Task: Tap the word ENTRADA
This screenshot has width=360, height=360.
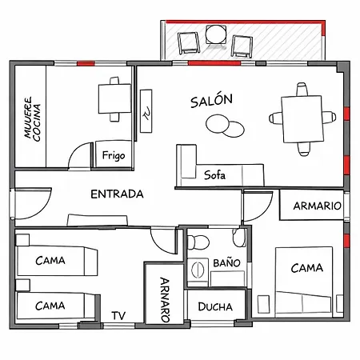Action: (x=117, y=194)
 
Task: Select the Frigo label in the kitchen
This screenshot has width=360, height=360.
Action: (x=114, y=155)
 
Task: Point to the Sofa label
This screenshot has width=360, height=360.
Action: (x=214, y=175)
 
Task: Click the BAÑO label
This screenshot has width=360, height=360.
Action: (x=226, y=262)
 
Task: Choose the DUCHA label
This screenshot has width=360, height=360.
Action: (x=215, y=306)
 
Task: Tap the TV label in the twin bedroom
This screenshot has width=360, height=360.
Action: (x=118, y=316)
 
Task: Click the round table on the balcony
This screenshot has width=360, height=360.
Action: (x=216, y=34)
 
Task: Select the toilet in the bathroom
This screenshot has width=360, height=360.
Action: (x=198, y=242)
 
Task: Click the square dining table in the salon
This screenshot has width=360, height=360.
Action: (x=302, y=119)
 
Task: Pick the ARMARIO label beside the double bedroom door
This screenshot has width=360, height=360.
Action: (x=317, y=206)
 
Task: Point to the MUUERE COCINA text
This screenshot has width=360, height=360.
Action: (x=33, y=119)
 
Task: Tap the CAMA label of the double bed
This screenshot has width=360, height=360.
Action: (x=306, y=268)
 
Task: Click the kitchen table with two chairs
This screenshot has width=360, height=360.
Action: (x=114, y=99)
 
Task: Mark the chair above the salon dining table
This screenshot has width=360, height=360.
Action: (x=302, y=90)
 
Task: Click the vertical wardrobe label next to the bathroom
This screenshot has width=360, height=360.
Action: (x=165, y=300)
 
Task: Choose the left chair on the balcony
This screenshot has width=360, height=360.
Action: (x=189, y=42)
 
